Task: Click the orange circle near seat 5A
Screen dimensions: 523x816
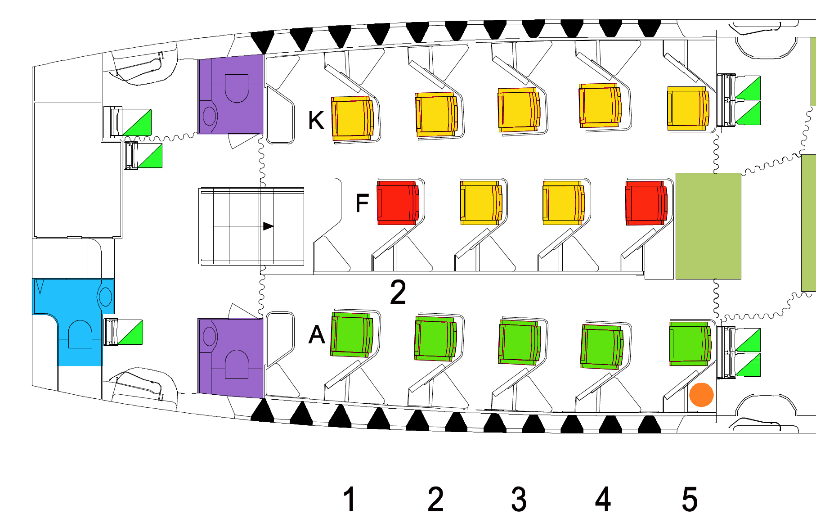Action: point(701,395)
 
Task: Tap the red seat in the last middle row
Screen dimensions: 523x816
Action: point(646,203)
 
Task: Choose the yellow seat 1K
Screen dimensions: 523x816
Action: point(352,118)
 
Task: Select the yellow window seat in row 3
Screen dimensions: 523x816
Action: point(519,109)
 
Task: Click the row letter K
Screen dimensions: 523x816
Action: point(316,120)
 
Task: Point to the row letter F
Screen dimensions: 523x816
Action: point(362,203)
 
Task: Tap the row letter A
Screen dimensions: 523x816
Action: point(317,334)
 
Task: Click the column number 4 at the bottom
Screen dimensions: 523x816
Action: point(603,499)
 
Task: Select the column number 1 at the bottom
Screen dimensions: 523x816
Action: point(350,499)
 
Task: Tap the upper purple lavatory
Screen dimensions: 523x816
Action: point(230,95)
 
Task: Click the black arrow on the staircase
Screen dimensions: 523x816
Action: point(268,226)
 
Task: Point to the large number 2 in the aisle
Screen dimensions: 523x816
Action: point(398,293)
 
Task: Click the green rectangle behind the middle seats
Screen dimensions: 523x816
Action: point(708,226)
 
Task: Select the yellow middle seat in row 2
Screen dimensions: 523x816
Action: point(480,203)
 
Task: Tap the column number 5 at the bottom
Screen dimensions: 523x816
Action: point(690,499)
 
